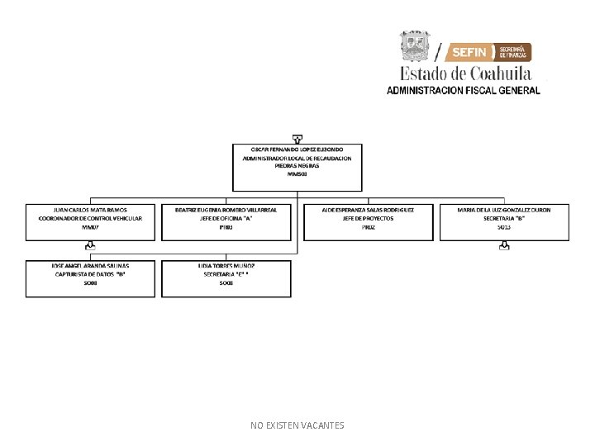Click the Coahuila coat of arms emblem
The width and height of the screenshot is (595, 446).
coord(416,46)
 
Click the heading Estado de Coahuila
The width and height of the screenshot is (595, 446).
coord(466,73)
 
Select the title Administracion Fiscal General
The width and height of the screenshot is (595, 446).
coord(464,90)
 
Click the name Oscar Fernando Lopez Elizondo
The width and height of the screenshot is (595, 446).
coord(297,149)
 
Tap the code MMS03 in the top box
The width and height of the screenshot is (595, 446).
coord(297,174)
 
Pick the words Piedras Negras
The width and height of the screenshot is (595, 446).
coord(297,166)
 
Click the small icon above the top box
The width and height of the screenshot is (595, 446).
coord(297,138)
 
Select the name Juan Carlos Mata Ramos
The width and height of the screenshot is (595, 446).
coord(90,210)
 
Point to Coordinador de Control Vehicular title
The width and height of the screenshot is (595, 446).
coord(90,218)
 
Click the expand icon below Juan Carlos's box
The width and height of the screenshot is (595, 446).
coord(90,245)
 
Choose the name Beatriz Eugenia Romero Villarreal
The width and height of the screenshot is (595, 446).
coord(226,210)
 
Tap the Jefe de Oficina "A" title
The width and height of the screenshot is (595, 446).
coord(226,218)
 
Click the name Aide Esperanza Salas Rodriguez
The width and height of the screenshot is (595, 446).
coord(369,210)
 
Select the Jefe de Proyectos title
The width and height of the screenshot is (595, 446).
coord(369,218)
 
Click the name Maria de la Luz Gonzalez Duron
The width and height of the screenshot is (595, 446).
coord(504,210)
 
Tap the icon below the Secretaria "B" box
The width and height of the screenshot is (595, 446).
coord(504,245)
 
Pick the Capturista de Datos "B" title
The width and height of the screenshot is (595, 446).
coord(90,274)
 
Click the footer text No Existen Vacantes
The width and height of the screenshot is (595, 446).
coord(297,425)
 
